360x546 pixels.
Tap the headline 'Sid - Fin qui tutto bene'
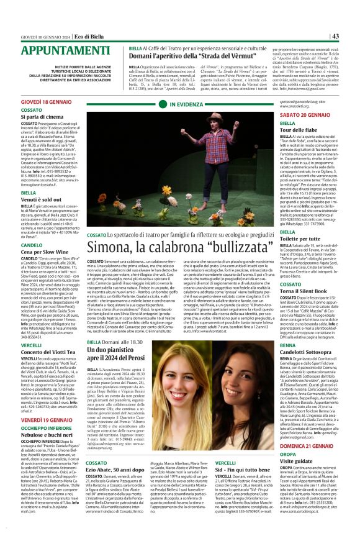pyautogui.click(x=246, y=471)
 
